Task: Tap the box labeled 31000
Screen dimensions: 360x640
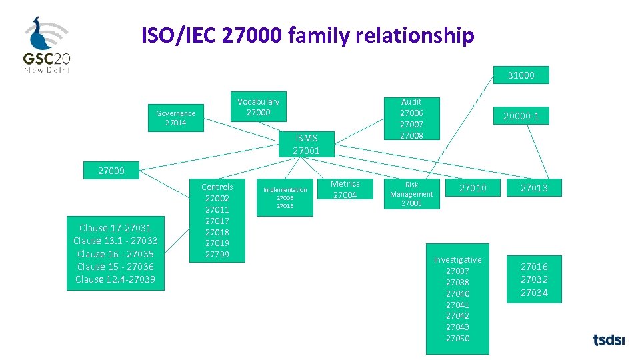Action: [521, 75]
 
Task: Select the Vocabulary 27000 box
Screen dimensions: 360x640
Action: [258, 107]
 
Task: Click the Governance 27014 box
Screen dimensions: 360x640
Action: [176, 117]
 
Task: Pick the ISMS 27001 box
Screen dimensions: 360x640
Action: [306, 144]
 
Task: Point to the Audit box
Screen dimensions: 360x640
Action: [411, 118]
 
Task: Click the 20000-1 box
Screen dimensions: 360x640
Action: [521, 117]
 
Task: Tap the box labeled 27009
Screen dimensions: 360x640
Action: [111, 170]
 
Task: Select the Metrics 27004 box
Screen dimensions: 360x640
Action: [345, 189]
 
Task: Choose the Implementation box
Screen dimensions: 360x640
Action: [285, 197]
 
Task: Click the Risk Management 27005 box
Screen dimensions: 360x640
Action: [411, 194]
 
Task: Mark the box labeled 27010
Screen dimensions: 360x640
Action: [473, 188]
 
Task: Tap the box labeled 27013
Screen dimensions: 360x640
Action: [534, 188]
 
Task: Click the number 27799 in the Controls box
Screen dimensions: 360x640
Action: [217, 255]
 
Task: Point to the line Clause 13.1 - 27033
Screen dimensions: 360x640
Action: [115, 241]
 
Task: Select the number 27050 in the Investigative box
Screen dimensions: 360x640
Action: [457, 339]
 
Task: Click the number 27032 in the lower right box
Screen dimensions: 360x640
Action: [534, 280]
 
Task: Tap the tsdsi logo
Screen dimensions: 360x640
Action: [609, 340]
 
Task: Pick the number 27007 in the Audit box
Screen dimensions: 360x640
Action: [411, 125]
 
